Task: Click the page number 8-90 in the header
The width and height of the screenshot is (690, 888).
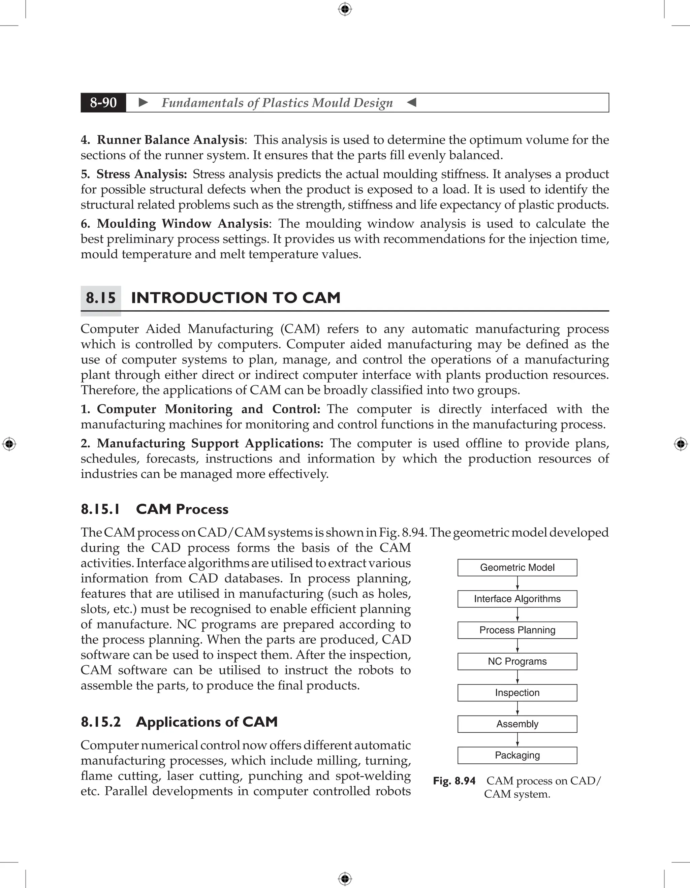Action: point(103,102)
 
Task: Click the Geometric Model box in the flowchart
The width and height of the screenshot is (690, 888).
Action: point(517,568)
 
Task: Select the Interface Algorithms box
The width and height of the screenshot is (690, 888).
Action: point(517,599)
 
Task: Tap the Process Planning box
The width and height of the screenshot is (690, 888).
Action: point(517,630)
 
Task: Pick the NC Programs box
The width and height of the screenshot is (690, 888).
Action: point(517,662)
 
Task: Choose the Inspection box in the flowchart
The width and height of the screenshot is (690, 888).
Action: point(517,693)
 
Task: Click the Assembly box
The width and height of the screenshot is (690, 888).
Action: point(517,724)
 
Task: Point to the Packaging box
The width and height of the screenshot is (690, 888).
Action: point(517,756)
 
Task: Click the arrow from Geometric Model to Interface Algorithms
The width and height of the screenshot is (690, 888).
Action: point(517,583)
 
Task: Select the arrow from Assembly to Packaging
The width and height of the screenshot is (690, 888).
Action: point(517,739)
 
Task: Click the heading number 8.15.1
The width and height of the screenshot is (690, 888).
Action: point(100,509)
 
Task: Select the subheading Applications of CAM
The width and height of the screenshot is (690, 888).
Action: point(207,722)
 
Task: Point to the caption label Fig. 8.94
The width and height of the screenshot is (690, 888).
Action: point(454,781)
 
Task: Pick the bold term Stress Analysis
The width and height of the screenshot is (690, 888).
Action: point(141,174)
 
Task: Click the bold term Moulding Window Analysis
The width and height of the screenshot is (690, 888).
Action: point(182,224)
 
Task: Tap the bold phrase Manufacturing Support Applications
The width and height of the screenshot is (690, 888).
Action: point(210,443)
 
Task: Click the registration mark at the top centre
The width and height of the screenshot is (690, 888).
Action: point(345,9)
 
